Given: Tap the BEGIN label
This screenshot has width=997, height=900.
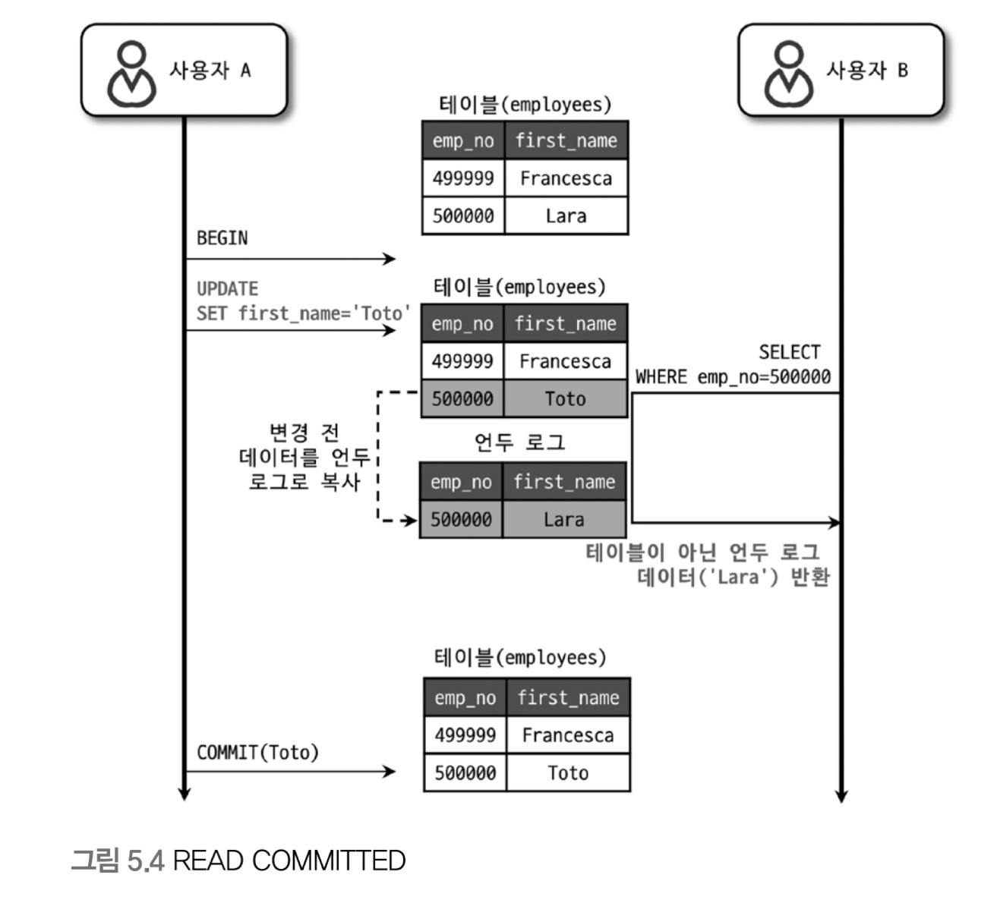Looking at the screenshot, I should pyautogui.click(x=222, y=238).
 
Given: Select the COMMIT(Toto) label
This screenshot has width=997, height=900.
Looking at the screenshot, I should pyautogui.click(x=257, y=753).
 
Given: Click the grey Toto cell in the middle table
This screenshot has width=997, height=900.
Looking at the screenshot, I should pyautogui.click(x=565, y=399).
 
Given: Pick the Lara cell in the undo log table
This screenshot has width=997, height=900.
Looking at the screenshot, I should pyautogui.click(x=563, y=520).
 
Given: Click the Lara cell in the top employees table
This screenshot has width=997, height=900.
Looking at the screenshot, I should pyautogui.click(x=566, y=216).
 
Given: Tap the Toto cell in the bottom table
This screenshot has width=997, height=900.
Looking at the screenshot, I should pyautogui.click(x=568, y=773).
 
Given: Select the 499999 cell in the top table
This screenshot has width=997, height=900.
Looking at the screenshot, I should pyautogui.click(x=463, y=178).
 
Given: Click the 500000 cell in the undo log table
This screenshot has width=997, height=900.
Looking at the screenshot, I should pyautogui.click(x=461, y=520).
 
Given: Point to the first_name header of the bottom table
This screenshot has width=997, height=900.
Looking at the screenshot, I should pyautogui.click(x=568, y=698).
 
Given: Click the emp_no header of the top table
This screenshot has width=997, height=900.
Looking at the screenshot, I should pyautogui.click(x=463, y=141).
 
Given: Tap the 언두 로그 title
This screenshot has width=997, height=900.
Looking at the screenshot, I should pyautogui.click(x=520, y=442).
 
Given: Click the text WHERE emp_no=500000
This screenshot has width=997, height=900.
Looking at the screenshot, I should pyautogui.click(x=733, y=377).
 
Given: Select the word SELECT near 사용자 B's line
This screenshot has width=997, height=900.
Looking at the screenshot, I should pyautogui.click(x=790, y=352).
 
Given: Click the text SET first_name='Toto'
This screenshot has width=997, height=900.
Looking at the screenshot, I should pyautogui.click(x=303, y=313).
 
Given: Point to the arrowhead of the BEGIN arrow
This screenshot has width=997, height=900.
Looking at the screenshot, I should pyautogui.click(x=390, y=260).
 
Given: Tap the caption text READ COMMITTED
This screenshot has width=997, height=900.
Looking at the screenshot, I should pyautogui.click(x=289, y=861).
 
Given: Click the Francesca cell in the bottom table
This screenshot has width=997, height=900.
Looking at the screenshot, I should pyautogui.click(x=568, y=735).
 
